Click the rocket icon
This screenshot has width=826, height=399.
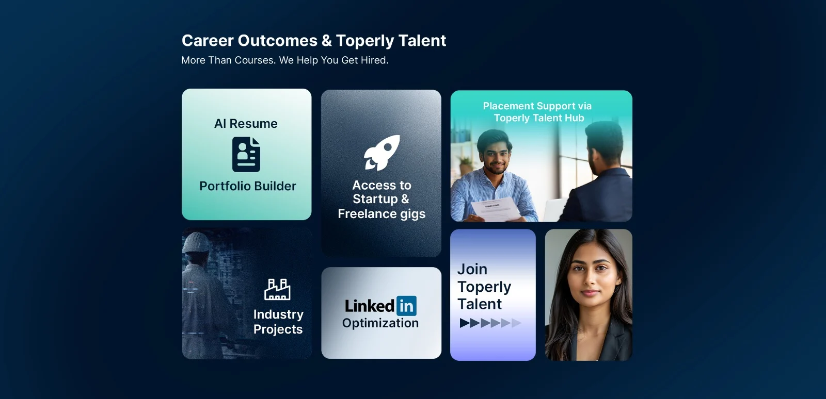382,153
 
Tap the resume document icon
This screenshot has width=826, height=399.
246,154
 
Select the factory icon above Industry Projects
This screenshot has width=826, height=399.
277,289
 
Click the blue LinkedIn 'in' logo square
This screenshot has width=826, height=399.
406,306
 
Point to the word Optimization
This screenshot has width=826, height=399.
380,323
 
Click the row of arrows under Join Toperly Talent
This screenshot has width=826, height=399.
490,323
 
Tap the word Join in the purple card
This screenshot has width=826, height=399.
472,270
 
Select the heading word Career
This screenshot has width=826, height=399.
207,41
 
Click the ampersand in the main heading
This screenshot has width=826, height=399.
327,41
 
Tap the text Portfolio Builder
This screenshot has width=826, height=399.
248,186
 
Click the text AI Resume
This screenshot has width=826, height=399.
246,124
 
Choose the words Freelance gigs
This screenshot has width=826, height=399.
382,214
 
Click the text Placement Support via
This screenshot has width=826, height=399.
537,106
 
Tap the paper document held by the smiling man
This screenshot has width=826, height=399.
496,209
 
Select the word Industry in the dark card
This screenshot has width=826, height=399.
278,314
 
